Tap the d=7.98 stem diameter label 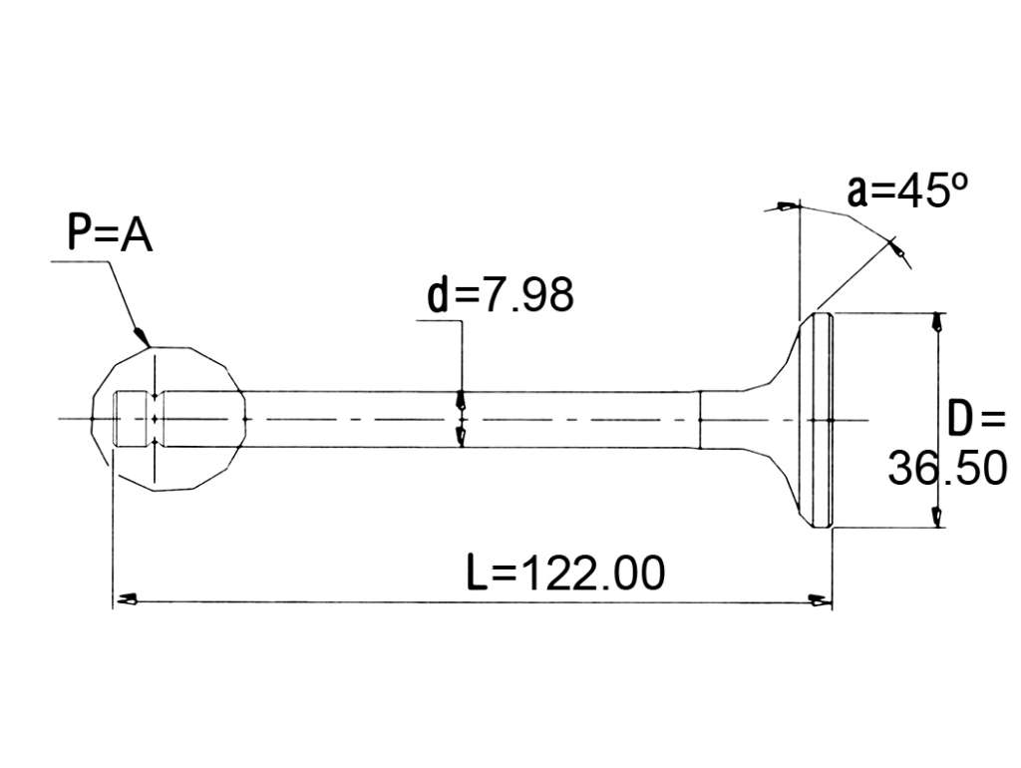501,294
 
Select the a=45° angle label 907,191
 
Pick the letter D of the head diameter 960,419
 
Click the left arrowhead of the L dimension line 125,598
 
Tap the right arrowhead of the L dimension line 820,600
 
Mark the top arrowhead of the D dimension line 937,322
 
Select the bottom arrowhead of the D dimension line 937,518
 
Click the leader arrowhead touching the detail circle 142,336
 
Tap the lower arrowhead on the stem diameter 461,437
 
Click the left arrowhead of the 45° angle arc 787,206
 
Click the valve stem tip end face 115,419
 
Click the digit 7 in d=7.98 492,294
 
